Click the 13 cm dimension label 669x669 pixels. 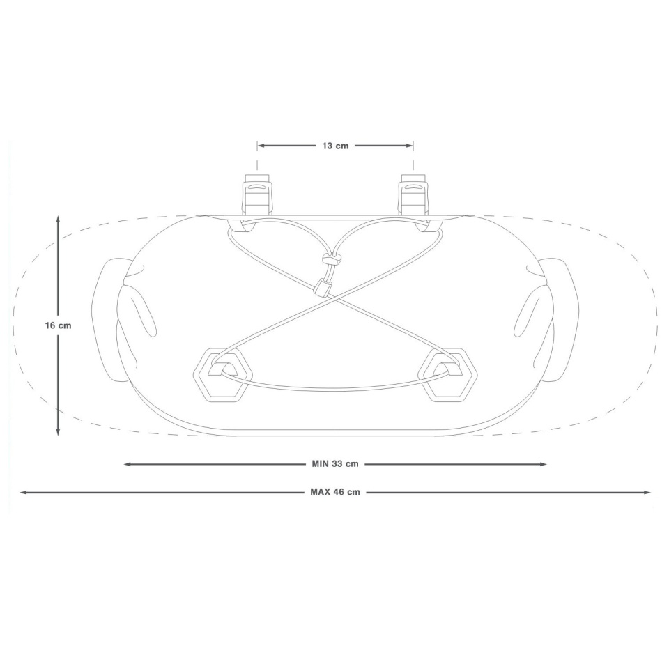pos(335,146)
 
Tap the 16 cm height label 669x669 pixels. pos(58,325)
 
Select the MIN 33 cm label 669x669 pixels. pos(335,464)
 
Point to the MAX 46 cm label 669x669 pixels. pos(335,492)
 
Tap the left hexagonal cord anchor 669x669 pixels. pos(223,375)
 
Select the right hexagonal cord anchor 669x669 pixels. pos(447,375)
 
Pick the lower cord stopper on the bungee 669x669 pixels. pos(322,286)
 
